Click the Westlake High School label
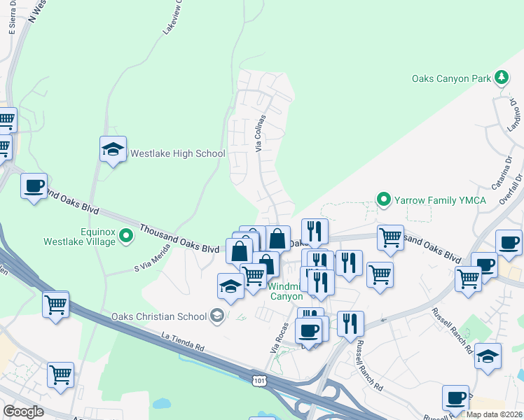pos(178,154)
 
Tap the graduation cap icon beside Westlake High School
pos(113,149)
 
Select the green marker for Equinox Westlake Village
pos(126,236)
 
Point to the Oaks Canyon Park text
pos(451,78)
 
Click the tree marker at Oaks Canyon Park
pos(502,77)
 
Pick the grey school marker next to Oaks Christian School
pos(216,316)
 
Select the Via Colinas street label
pos(261,133)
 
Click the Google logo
pos(24,412)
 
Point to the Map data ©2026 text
pos(494,414)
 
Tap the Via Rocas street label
pos(280,337)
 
